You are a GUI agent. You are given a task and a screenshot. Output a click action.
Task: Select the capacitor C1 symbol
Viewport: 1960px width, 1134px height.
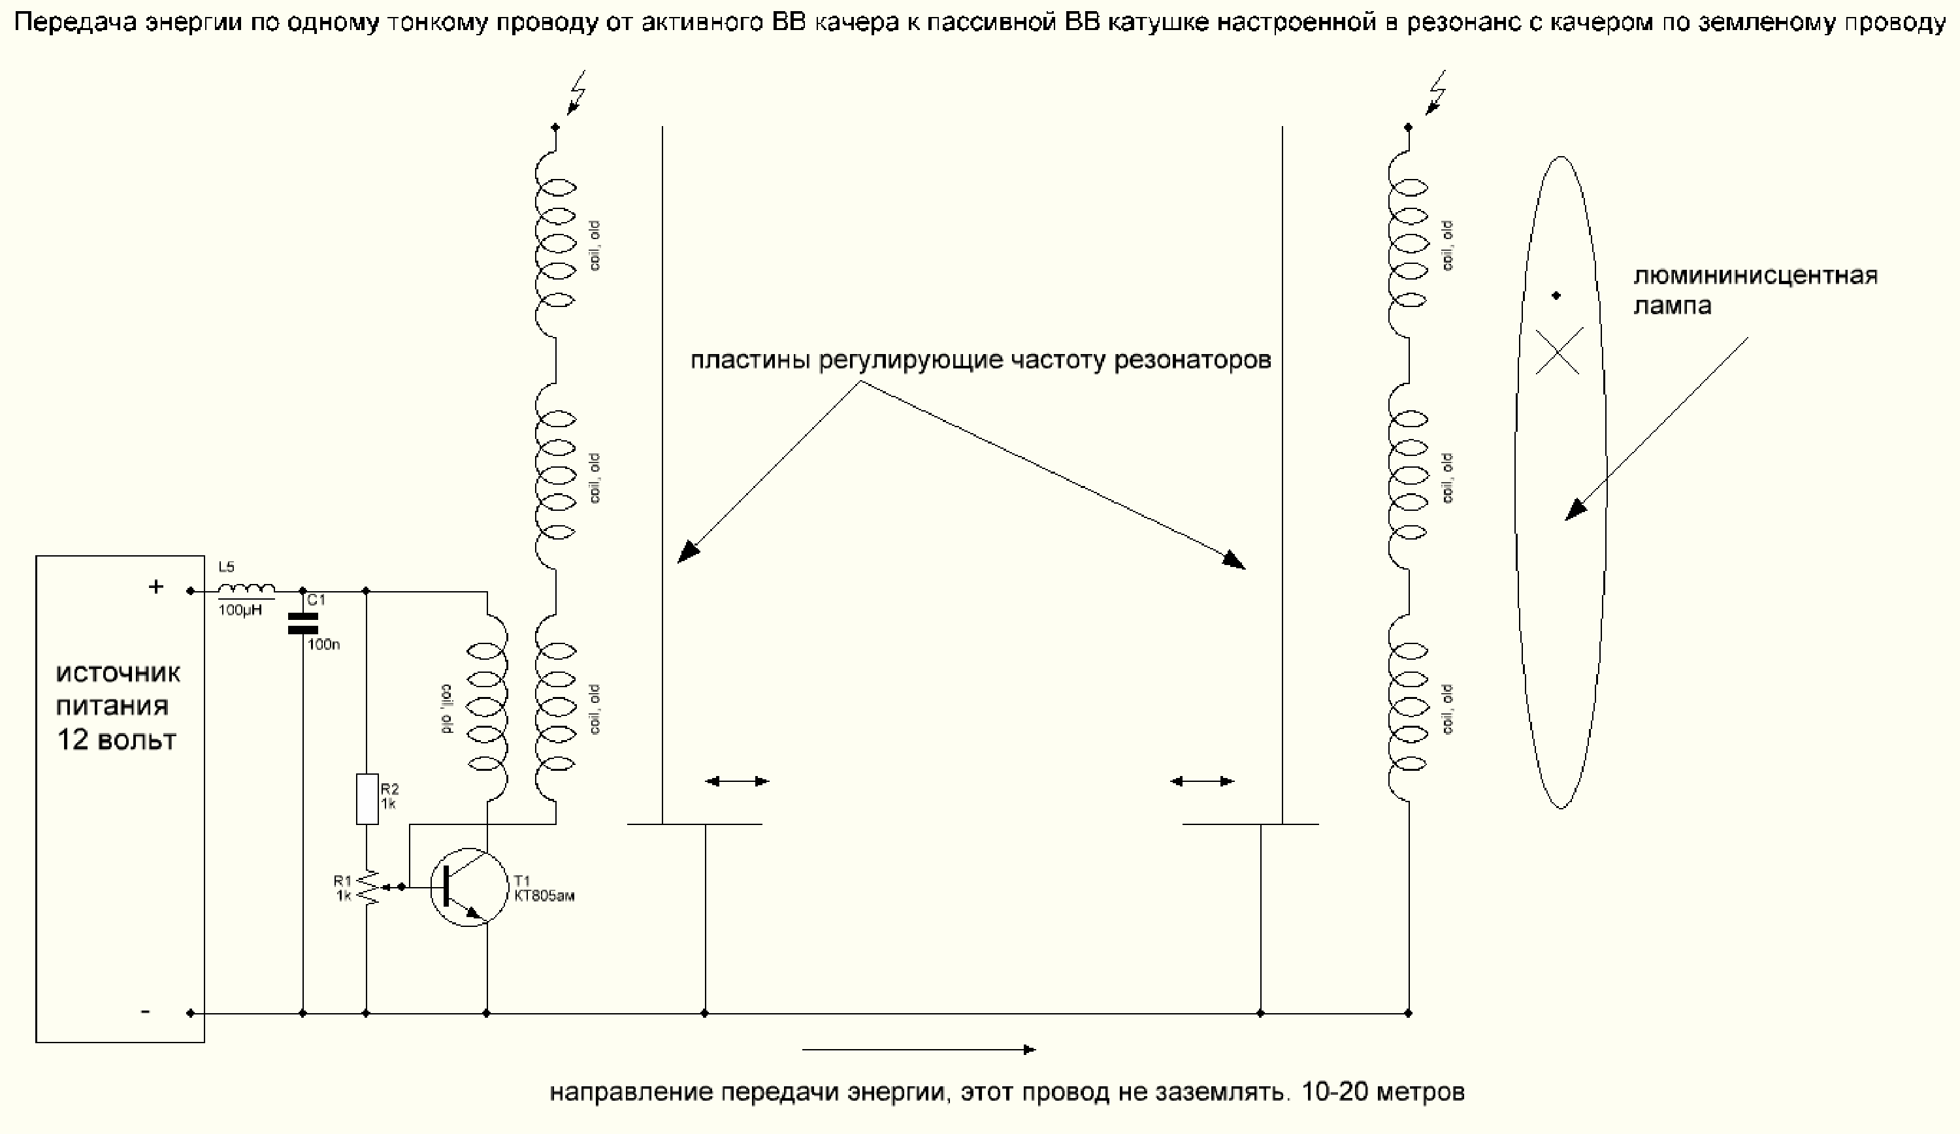tap(302, 624)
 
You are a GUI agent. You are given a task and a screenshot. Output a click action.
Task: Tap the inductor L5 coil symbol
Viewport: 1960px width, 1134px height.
tap(246, 589)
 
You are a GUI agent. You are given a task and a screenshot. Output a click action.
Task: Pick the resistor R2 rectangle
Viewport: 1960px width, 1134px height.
tap(367, 798)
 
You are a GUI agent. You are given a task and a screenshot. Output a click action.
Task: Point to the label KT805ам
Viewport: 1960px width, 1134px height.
tap(544, 896)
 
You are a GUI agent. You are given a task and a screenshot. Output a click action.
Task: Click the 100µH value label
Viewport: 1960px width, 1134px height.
tap(240, 611)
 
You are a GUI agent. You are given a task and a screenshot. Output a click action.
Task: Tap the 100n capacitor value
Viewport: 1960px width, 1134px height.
tap(323, 645)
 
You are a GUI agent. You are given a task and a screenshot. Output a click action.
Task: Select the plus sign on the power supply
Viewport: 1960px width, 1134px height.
tap(156, 587)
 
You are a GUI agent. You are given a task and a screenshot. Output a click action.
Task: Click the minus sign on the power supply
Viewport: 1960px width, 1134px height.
tap(146, 1012)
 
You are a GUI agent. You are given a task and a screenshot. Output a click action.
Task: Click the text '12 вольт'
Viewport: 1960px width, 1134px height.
tap(117, 739)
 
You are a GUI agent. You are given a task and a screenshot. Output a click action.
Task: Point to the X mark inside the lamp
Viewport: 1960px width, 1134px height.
tap(1559, 351)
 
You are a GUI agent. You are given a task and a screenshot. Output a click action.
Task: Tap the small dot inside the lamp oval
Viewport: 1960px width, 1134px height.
tap(1556, 295)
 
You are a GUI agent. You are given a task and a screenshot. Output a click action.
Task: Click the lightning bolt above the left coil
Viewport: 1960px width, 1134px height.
tap(576, 91)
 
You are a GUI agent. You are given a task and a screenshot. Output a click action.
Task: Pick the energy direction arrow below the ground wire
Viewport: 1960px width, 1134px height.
tap(918, 1050)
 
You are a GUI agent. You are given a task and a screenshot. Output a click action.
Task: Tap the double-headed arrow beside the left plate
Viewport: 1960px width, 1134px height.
tap(736, 781)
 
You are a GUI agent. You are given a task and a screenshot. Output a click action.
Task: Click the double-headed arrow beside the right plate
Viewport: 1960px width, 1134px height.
tap(1201, 781)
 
